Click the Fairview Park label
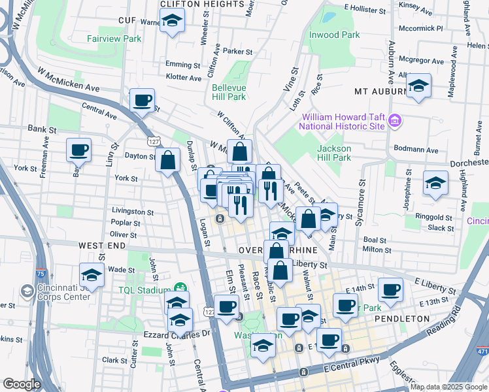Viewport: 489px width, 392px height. (114, 39)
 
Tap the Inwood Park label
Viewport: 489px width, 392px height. (334, 35)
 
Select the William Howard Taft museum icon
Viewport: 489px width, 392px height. (394, 121)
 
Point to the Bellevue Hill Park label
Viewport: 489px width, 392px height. (228, 92)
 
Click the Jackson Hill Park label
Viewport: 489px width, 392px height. (334, 153)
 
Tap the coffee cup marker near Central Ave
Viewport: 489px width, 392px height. (142, 101)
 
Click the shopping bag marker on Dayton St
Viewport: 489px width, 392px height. (167, 159)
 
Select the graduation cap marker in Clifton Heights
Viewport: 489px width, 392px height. (173, 22)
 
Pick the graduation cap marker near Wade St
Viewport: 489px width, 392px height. (92, 274)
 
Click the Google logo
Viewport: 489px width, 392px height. (22, 384)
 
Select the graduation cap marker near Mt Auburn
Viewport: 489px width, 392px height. (418, 85)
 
